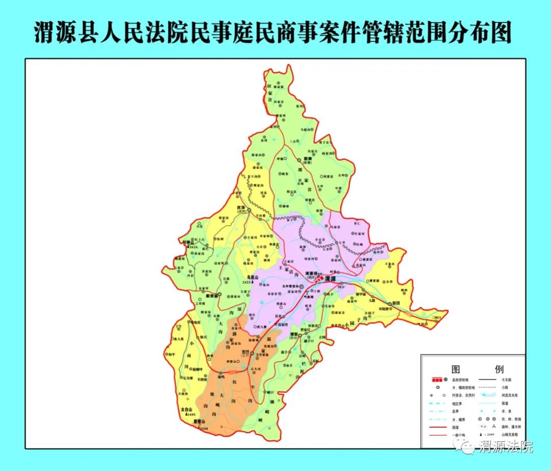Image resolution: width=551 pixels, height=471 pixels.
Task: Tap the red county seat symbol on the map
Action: click(319, 280)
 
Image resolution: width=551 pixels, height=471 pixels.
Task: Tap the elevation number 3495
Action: click(191, 415)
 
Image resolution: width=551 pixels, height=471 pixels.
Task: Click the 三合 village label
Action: click(293, 141)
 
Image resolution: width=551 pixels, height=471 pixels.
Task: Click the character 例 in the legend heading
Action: click(499, 369)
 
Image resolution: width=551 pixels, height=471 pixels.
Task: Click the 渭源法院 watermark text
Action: click(506, 448)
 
